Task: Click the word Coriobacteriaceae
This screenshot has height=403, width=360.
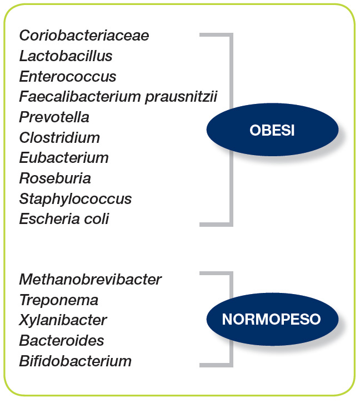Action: coord(84,35)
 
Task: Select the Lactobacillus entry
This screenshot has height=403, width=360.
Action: coord(66,56)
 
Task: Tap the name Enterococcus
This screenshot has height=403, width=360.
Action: coord(68,76)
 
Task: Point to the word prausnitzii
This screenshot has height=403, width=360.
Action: coord(181,97)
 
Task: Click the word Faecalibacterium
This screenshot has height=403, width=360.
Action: coord(80,96)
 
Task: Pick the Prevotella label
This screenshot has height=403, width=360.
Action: coord(54,117)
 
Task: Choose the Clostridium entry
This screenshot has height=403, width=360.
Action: coord(59,137)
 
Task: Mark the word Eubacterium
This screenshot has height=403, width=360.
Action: coord(64,157)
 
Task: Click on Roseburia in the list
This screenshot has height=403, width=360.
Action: coord(55,178)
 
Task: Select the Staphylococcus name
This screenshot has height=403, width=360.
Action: coord(76,199)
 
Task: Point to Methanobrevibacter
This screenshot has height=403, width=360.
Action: coord(91,280)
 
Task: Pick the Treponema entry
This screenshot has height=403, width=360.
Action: coord(59,301)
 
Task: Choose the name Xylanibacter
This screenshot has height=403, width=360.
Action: coord(63,321)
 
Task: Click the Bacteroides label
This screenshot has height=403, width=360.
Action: coord(62,341)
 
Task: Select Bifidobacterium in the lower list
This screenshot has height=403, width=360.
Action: coord(76,361)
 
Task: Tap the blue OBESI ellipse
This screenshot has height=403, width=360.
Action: coord(272,130)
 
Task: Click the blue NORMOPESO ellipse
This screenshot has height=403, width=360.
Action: coord(272,319)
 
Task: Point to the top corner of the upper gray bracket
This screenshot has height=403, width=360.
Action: coord(231,34)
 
